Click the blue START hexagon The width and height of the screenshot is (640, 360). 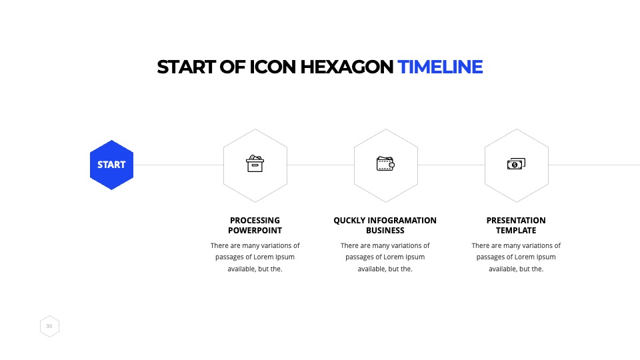coord(111,165)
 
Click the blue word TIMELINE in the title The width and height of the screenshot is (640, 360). coord(440,67)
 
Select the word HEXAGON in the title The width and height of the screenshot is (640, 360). coord(347,67)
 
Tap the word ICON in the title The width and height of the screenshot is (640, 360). coord(272,67)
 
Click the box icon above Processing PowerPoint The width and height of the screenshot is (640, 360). coord(255,164)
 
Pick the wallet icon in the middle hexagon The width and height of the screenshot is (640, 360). coord(385,164)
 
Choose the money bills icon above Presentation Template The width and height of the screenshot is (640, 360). coord(516,164)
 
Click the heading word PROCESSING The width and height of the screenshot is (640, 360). coord(255,221)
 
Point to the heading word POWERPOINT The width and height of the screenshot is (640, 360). coord(255,231)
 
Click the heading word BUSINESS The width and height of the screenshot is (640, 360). coord(385,231)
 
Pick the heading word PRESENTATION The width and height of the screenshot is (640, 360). coord(516,221)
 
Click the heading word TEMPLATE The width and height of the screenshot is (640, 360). coord(516,231)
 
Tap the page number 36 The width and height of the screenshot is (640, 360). coord(49,326)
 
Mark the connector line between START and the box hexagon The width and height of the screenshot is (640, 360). coord(179,165)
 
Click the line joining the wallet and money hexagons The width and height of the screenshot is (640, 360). coord(451,165)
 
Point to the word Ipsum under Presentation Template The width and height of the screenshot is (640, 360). coord(546,257)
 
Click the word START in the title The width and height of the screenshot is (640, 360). coord(186,67)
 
